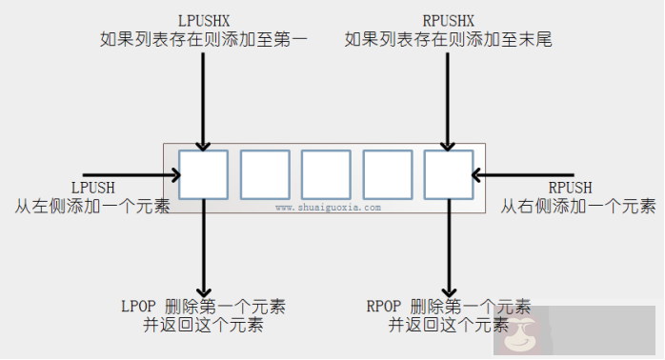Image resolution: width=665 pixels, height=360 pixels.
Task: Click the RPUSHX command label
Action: pyautogui.click(x=447, y=20)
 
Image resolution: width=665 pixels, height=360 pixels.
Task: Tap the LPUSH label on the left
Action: pyautogui.click(x=92, y=187)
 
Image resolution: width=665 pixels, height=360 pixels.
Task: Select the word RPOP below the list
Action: pyautogui.click(x=385, y=307)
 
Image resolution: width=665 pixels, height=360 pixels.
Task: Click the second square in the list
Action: pyautogui.click(x=265, y=175)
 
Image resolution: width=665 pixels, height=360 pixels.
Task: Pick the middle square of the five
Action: pyautogui.click(x=326, y=175)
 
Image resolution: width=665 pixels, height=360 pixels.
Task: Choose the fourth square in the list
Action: pyautogui.click(x=387, y=175)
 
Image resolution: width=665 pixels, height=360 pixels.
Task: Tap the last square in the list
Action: pyautogui.click(x=448, y=175)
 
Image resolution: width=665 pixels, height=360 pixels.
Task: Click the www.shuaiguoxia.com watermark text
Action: pyautogui.click(x=328, y=207)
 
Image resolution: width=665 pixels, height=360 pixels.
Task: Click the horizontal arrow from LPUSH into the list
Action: pyautogui.click(x=133, y=175)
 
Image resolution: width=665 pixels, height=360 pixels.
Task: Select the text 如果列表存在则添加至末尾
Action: pyautogui.click(x=447, y=40)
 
